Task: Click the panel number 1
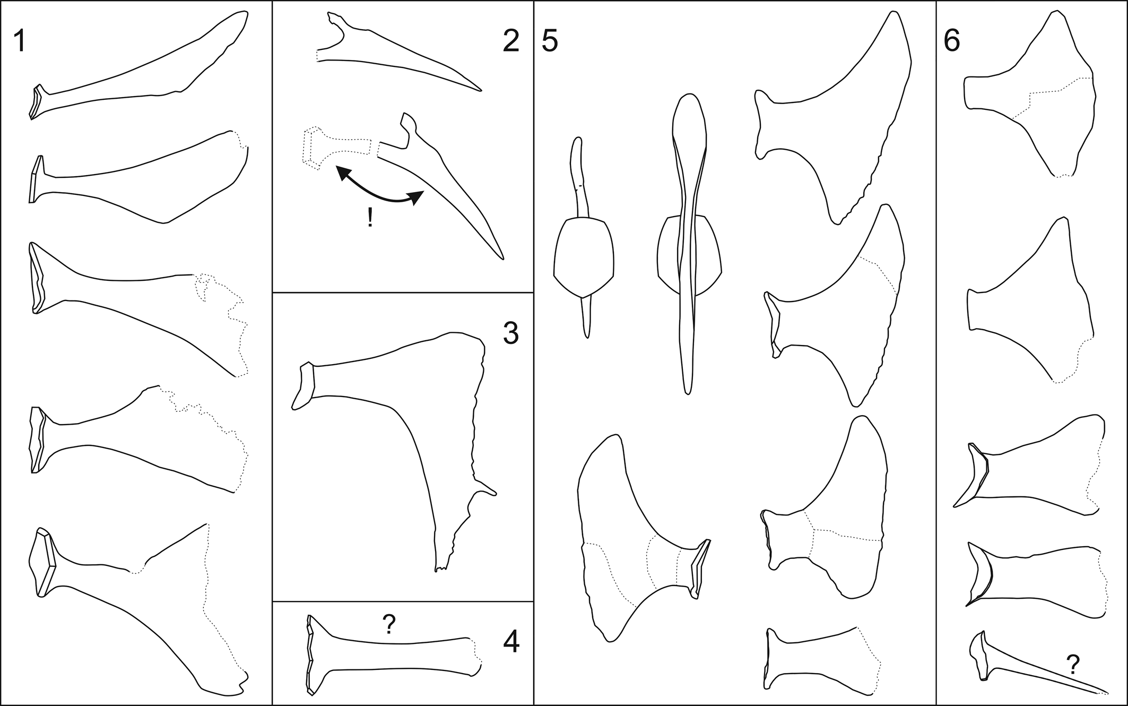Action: coord(19,41)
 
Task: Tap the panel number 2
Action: coord(510,41)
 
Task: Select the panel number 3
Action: coord(510,333)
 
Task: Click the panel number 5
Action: coord(550,41)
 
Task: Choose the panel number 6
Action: coord(952,41)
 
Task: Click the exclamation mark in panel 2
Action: coord(370,218)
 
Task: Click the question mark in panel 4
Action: coord(389,624)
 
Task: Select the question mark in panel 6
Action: coord(1073,663)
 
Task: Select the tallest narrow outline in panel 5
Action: coord(688,244)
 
